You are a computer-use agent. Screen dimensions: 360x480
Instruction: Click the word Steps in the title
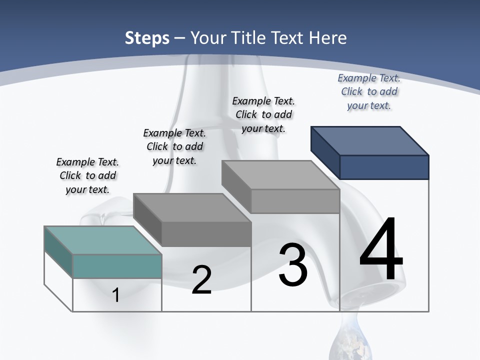point(147,38)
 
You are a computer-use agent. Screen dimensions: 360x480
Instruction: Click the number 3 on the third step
point(293,265)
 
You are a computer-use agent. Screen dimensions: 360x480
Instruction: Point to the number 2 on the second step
point(201,279)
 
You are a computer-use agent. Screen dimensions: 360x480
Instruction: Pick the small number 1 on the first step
point(116,295)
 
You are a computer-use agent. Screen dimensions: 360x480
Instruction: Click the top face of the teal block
point(103,240)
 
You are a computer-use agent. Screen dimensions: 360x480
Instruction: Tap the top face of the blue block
point(370,140)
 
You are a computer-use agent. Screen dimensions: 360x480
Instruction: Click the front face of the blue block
point(384,167)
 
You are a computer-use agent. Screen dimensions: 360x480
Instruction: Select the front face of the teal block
point(117,266)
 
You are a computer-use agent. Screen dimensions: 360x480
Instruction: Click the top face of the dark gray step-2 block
point(192,207)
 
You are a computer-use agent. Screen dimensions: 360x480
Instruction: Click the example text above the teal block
point(87,175)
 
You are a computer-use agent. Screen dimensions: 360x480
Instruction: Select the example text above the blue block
point(369,91)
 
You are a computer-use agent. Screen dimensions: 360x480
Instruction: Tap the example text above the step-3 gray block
point(263,114)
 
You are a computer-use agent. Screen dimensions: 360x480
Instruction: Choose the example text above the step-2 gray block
point(174,146)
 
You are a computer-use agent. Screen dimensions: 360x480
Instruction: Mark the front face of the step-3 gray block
point(295,201)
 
